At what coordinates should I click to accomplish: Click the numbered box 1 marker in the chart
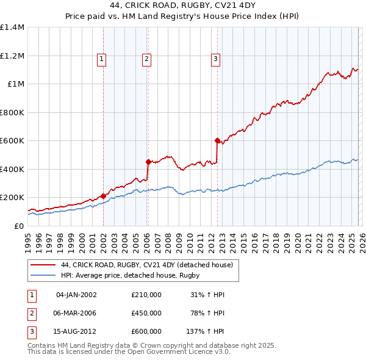(x=101, y=59)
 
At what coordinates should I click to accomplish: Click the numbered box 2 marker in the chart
(x=147, y=59)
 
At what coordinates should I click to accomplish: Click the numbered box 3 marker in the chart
(x=216, y=59)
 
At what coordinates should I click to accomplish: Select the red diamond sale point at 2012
(x=217, y=140)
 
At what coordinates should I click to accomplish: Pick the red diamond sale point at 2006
(x=148, y=162)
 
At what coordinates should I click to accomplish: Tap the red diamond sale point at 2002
(x=103, y=196)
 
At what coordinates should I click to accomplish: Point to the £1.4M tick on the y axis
(x=12, y=27)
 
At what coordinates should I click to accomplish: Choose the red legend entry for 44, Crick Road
(x=146, y=265)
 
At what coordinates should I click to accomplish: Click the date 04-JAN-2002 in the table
(x=76, y=295)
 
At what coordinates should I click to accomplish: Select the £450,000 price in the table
(x=146, y=313)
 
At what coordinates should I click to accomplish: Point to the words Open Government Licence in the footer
(x=172, y=352)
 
